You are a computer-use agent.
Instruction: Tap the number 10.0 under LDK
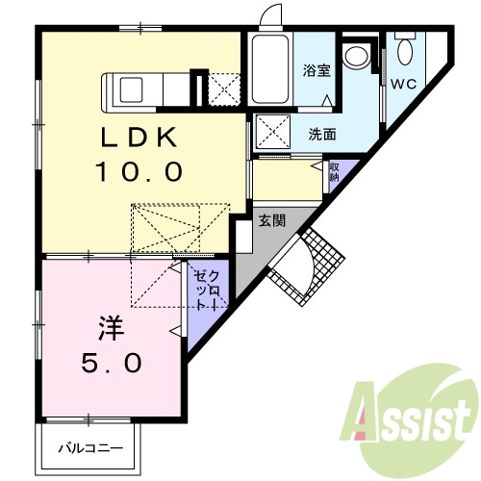pyautogui.click(x=139, y=173)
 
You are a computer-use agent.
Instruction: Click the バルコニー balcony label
pyautogui.click(x=89, y=448)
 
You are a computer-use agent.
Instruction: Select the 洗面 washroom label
pyautogui.click(x=322, y=133)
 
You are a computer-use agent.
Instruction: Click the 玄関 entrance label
pyautogui.click(x=272, y=219)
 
